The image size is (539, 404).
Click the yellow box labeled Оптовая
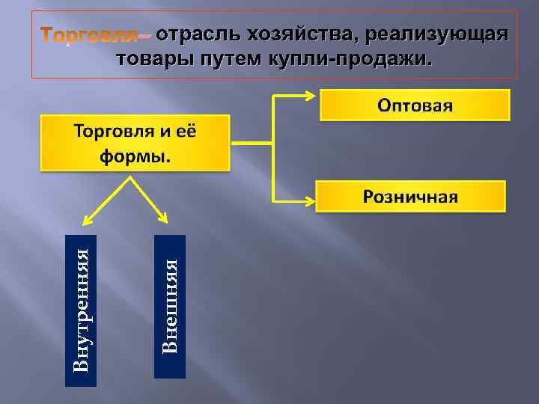[415, 105]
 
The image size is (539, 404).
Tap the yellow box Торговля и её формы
[134, 143]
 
